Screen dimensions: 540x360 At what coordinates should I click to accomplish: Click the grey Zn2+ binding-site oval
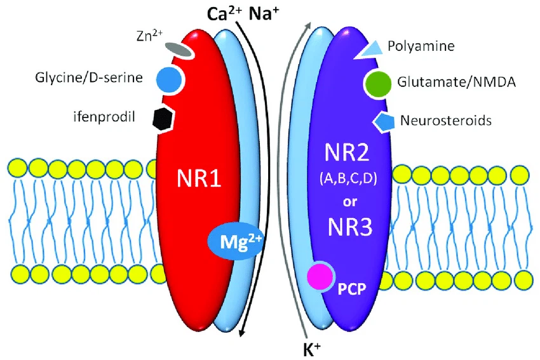click(178, 50)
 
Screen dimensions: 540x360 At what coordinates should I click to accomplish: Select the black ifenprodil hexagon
click(163, 118)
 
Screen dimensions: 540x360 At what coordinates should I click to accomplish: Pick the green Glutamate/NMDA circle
click(378, 83)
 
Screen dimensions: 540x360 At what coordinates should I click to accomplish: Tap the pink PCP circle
click(321, 276)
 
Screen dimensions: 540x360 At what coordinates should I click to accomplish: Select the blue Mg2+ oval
click(235, 241)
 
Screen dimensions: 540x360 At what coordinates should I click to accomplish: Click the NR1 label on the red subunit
click(199, 179)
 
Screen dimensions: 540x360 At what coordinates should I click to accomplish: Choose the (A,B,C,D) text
click(348, 178)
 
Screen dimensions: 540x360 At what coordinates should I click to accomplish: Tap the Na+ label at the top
click(264, 14)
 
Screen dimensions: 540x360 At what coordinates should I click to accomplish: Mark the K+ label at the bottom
click(312, 349)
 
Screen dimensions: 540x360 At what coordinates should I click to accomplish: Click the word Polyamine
click(421, 46)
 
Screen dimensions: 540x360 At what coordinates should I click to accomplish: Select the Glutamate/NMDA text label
click(456, 82)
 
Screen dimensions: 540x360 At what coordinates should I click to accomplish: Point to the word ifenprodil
click(104, 117)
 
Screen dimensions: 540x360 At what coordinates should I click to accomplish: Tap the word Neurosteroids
click(445, 121)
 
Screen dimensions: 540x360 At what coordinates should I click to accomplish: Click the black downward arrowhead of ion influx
click(243, 331)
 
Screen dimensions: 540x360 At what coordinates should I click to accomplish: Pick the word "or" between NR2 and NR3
click(350, 202)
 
